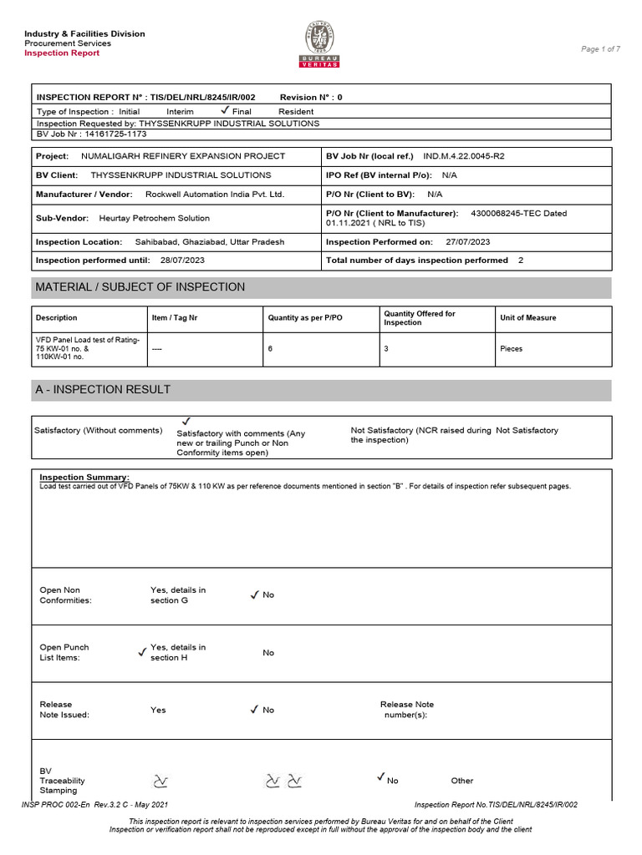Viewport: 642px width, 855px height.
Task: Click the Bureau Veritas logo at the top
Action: (321, 44)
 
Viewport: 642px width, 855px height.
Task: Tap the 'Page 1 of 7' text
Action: (600, 49)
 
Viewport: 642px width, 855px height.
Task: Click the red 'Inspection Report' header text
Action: (62, 53)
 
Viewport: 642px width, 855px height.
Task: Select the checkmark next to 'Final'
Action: (224, 110)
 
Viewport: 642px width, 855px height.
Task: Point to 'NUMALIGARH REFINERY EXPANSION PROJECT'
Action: (182, 156)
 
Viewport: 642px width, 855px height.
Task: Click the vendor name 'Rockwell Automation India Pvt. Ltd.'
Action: (215, 194)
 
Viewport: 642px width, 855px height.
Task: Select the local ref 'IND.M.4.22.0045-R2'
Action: (464, 156)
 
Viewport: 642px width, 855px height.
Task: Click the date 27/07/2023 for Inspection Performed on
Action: (468, 241)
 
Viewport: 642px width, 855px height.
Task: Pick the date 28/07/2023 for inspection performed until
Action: (181, 261)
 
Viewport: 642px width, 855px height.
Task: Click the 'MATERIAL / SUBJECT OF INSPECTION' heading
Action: (140, 287)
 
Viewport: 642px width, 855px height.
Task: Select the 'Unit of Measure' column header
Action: (527, 318)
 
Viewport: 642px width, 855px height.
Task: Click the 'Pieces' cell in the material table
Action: (511, 349)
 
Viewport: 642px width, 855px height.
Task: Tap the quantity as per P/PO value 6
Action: (270, 349)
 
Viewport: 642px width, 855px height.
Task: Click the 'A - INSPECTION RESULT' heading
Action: (102, 390)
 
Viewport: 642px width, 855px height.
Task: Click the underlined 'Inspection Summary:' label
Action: (84, 477)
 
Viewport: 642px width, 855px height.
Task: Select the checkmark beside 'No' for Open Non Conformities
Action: (254, 594)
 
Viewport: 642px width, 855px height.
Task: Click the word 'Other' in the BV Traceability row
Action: (461, 781)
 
